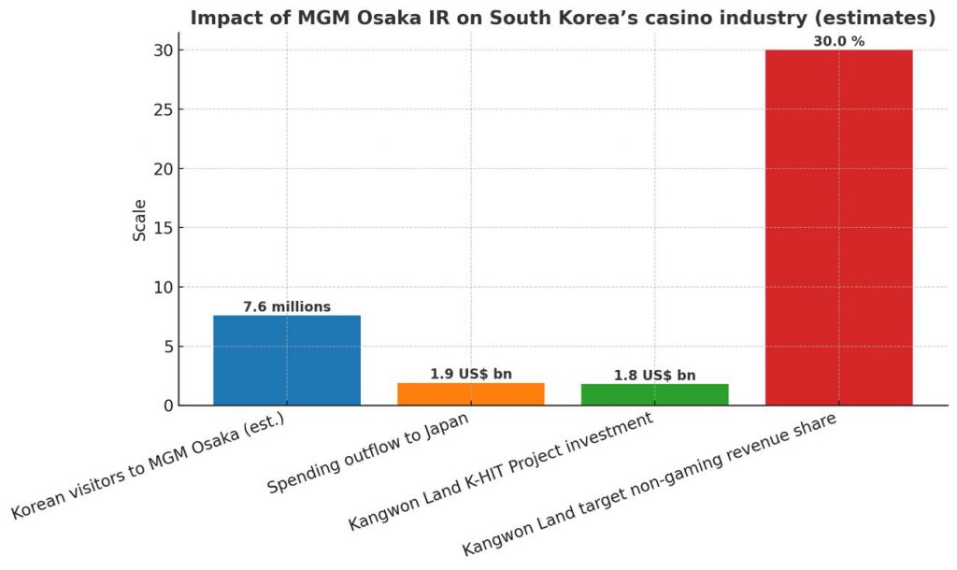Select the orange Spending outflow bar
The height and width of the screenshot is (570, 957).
click(x=471, y=394)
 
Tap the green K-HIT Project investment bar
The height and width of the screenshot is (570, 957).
click(x=654, y=394)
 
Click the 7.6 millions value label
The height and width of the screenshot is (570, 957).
click(x=287, y=306)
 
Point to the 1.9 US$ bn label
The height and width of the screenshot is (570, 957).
click(x=471, y=374)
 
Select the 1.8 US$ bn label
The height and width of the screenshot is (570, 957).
click(x=654, y=376)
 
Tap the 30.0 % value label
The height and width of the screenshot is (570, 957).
click(x=838, y=41)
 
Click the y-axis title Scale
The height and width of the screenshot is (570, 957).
click(x=139, y=220)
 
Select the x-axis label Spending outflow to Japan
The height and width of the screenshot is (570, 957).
click(x=367, y=455)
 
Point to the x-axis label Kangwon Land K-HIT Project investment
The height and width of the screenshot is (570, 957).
click(x=500, y=473)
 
